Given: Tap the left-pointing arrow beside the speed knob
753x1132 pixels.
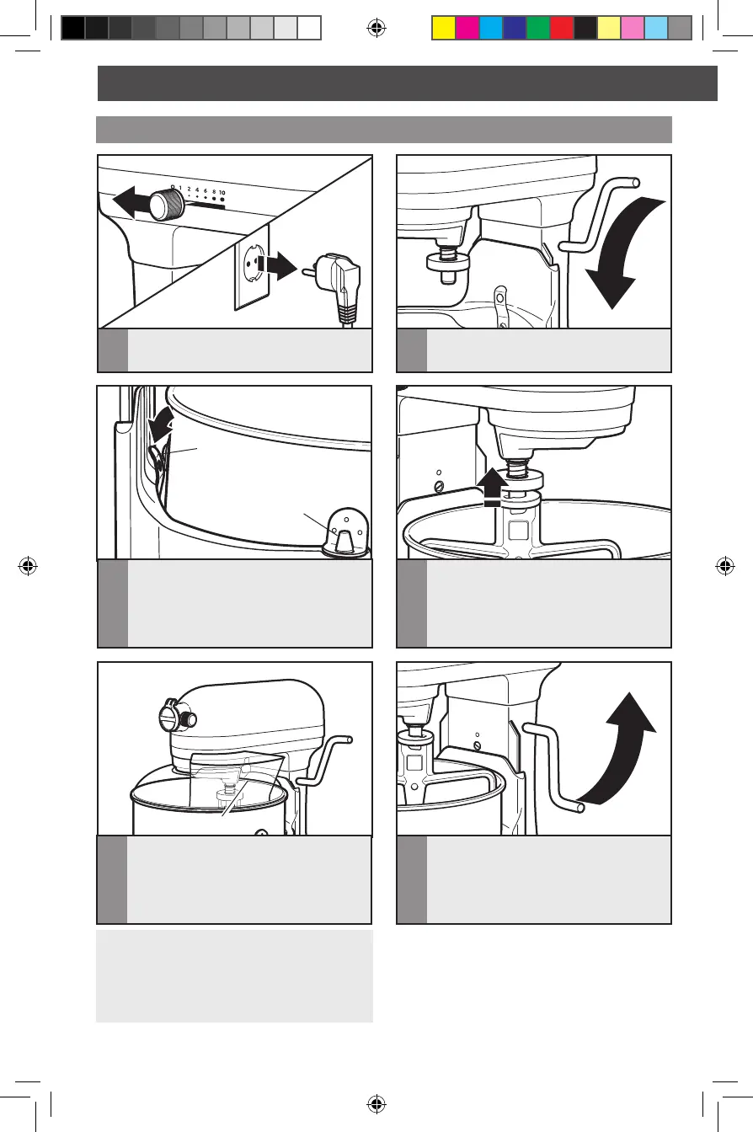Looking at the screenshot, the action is coord(131,200).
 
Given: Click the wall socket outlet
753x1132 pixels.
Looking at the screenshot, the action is coord(252,267).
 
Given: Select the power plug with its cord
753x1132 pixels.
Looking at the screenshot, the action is coord(334,288).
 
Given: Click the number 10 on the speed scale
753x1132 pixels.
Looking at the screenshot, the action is coord(222,193).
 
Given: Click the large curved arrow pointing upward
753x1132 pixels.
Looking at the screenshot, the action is coord(621,749).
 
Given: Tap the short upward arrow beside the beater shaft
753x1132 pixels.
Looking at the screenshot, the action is coord(493,487).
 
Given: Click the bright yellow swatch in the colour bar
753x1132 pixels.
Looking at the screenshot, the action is coord(444,28).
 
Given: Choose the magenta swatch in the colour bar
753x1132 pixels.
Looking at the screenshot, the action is coord(467,28).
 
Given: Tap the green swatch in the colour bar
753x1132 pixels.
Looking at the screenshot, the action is coord(538,28).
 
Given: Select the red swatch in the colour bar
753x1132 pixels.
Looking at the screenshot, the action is coord(562,28).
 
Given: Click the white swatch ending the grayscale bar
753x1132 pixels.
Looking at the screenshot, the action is coord(309,28).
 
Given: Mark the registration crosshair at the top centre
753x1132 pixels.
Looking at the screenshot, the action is coord(376,28).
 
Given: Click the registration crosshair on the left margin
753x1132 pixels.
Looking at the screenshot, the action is coord(28,566).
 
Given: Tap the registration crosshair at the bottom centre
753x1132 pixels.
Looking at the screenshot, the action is coord(376,1104).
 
